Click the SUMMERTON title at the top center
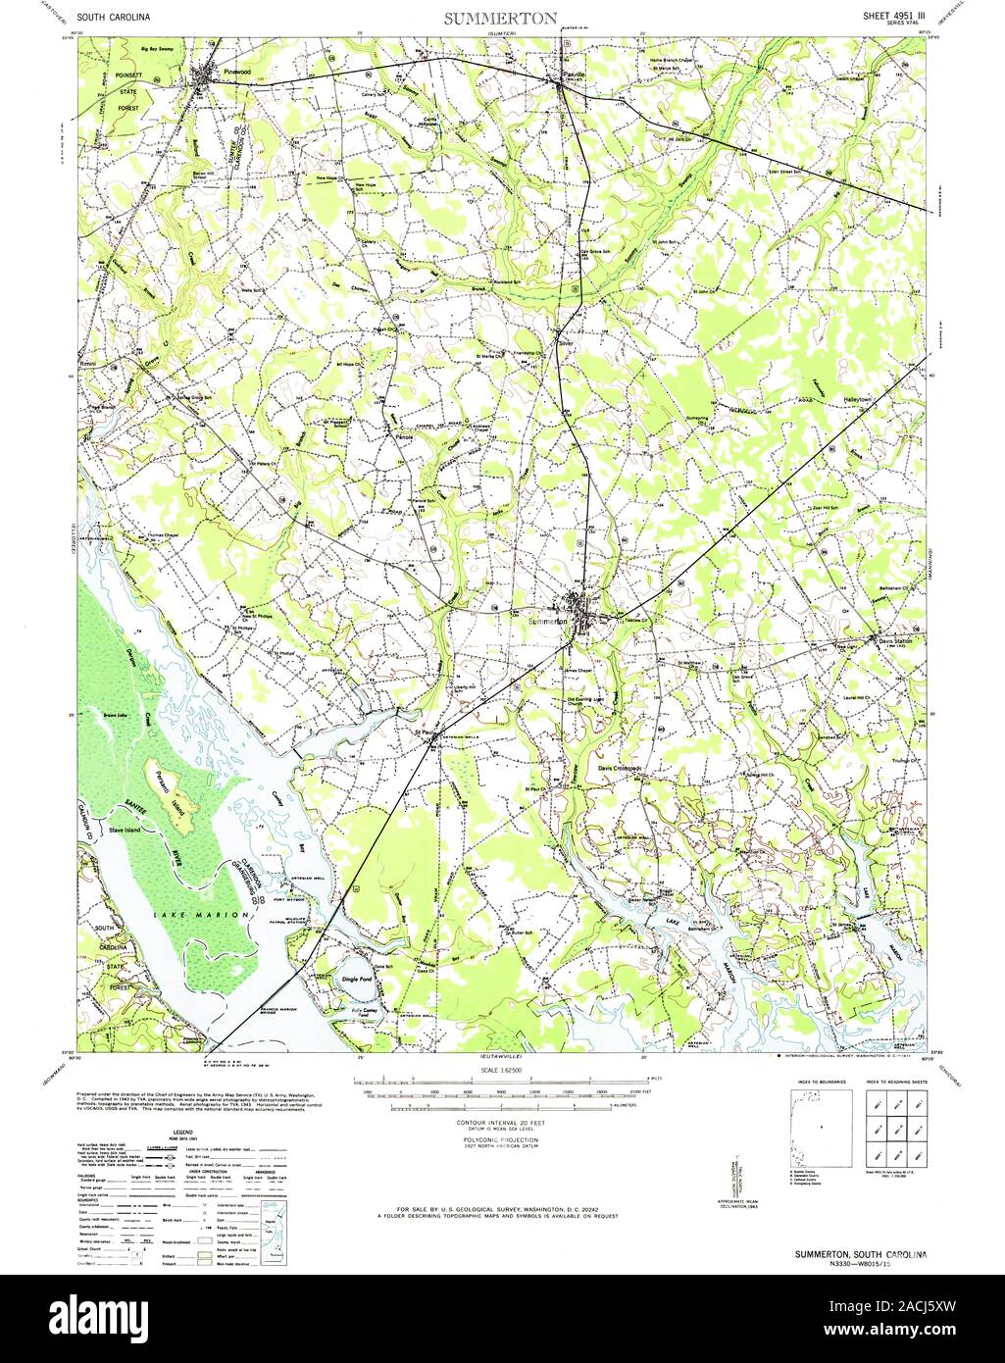pyautogui.click(x=501, y=18)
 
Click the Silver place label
pyautogui.click(x=564, y=343)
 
